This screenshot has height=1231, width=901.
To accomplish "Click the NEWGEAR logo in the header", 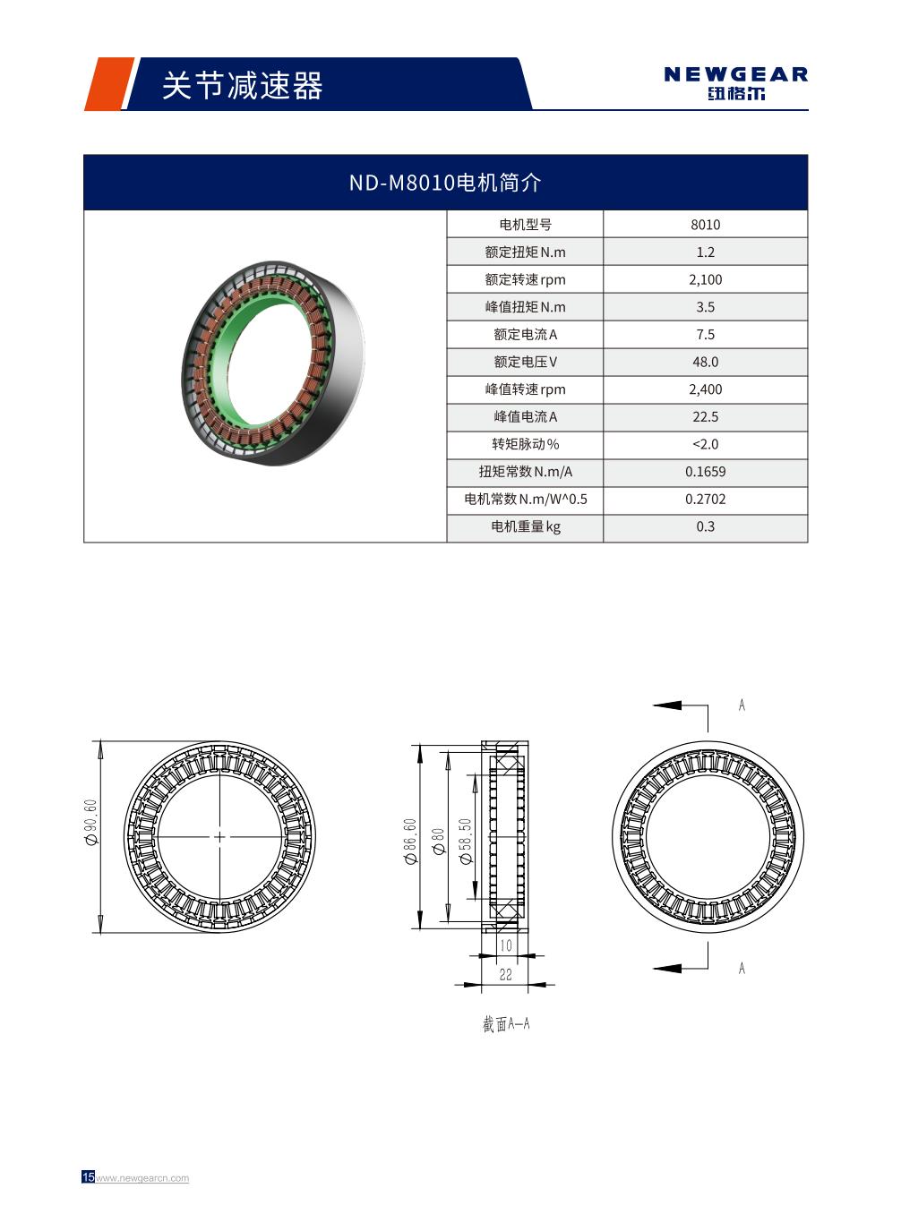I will (735, 83).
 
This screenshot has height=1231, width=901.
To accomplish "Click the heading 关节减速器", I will (242, 86).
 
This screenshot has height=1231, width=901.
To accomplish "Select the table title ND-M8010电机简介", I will (445, 183).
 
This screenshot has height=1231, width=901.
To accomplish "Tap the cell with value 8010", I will (705, 225).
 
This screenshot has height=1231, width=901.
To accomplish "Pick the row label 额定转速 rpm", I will (525, 279).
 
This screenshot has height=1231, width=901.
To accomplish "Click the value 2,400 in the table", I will (705, 389).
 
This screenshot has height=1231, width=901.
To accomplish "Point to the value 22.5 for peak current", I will (705, 417).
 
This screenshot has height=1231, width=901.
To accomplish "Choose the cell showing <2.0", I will (705, 444).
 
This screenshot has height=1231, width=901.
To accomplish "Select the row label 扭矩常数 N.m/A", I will (525, 472).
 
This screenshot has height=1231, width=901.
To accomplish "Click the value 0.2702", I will (705, 500).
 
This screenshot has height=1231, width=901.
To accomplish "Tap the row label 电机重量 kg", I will (525, 526).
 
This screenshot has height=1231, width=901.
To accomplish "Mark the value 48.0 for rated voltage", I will (705, 362).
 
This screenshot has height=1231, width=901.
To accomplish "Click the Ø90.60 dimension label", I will (90, 824).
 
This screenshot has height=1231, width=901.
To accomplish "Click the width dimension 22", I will (505, 974).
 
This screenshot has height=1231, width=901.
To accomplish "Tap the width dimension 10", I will (506, 945).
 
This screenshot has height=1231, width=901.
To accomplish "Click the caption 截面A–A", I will (506, 1023).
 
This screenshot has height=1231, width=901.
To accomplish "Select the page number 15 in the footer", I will (88, 1177).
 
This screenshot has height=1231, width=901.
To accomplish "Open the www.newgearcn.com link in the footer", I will (142, 1178).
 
